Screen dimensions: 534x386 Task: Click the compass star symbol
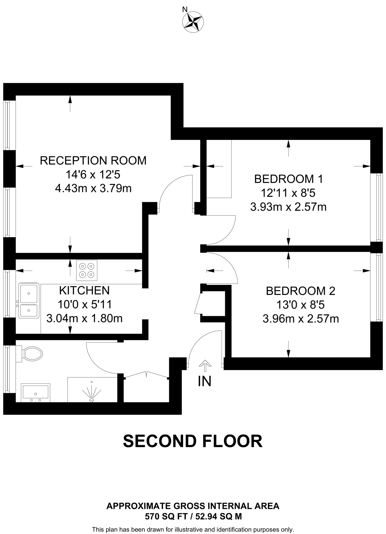click(x=193, y=22)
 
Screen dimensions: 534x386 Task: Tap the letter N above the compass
click(x=185, y=10)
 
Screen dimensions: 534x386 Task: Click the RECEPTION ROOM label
click(x=93, y=160)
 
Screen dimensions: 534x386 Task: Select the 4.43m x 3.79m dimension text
click(x=93, y=188)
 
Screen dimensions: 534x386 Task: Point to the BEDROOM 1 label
click(x=288, y=179)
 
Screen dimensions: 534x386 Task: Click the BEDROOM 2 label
click(x=300, y=291)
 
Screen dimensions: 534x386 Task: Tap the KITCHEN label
click(x=84, y=290)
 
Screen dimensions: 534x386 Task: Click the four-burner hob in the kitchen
click(x=87, y=270)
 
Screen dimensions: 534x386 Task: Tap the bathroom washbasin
click(x=35, y=392)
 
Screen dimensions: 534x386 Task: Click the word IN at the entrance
click(x=205, y=381)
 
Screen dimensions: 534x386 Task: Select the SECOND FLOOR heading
click(x=193, y=441)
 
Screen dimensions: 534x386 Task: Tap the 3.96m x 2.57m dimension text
click(x=300, y=319)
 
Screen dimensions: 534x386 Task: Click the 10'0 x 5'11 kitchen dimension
click(x=84, y=304)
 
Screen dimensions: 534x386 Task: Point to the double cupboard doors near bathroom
click(x=146, y=375)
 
